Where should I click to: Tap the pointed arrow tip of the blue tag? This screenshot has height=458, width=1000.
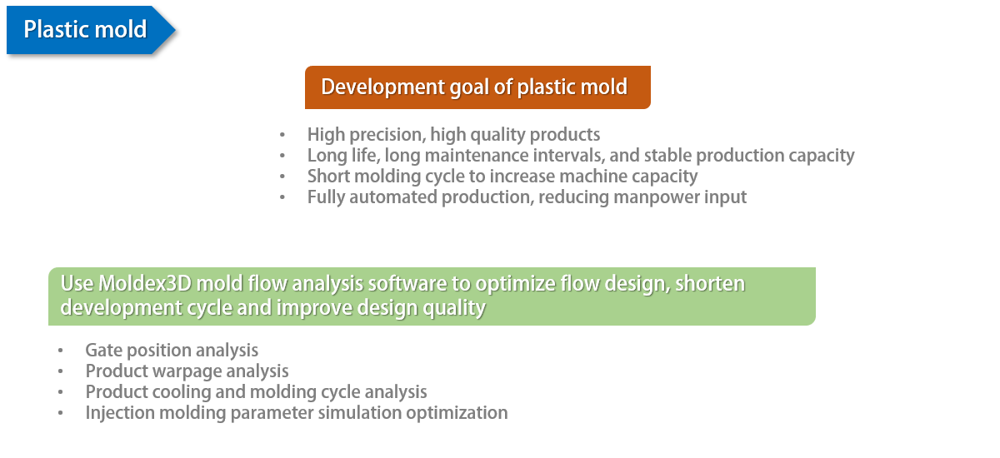click(176, 30)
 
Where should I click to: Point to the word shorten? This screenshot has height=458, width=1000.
click(710, 284)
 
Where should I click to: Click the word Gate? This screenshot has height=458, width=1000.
click(104, 351)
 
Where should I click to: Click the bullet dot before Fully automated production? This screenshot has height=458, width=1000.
click(282, 197)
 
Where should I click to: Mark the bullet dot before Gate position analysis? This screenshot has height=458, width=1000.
click(60, 351)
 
